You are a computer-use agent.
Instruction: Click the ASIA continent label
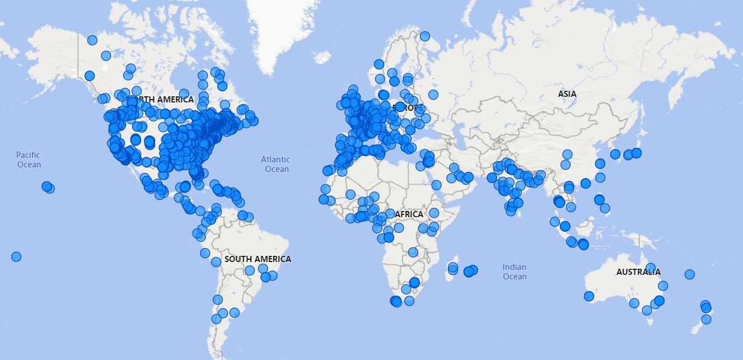click(567, 94)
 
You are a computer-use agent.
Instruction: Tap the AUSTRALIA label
click(638, 272)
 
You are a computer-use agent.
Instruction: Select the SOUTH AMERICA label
click(258, 259)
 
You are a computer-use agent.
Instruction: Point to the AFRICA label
click(409, 214)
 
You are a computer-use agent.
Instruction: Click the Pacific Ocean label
click(29, 160)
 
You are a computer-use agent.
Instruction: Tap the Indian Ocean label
click(514, 272)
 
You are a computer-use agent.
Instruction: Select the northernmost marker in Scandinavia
click(424, 36)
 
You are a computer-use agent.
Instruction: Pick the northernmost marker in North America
click(92, 40)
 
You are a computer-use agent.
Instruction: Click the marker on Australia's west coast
click(588, 296)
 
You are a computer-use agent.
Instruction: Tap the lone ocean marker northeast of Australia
click(689, 274)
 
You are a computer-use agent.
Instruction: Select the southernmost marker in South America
click(216, 319)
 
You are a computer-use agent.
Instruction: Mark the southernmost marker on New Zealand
click(706, 319)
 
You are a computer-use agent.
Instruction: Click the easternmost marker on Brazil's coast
click(273, 275)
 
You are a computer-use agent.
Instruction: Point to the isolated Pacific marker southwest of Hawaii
click(16, 256)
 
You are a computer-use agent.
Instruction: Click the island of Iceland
click(322, 57)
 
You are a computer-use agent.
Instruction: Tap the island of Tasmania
click(651, 321)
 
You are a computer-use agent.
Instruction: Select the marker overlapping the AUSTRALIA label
click(650, 268)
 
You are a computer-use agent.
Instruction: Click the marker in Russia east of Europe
click(433, 95)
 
